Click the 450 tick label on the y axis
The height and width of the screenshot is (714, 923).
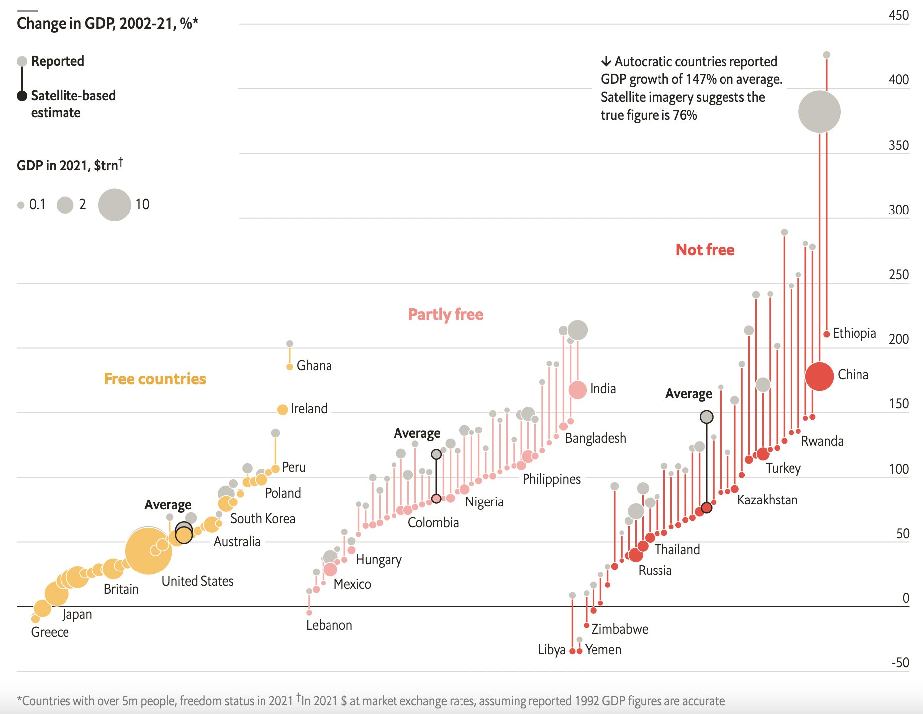tap(898, 15)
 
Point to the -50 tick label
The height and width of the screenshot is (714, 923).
tap(900, 663)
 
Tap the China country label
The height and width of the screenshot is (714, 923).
tap(853, 375)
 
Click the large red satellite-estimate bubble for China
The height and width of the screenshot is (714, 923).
tap(819, 376)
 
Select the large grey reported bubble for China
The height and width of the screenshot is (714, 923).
tap(819, 112)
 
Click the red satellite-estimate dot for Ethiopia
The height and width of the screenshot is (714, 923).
tap(827, 334)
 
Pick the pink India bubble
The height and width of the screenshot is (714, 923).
tap(577, 390)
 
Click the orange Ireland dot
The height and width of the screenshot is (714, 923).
tap(282, 410)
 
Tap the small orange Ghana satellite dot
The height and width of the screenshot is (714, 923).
tap(290, 367)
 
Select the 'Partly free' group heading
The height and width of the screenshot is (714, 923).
tap(445, 314)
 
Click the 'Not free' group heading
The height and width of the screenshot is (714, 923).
tap(705, 250)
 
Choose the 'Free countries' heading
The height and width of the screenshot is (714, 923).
tap(155, 379)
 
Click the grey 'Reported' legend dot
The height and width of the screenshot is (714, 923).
tap(22, 61)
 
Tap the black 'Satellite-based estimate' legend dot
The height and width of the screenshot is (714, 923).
tap(22, 96)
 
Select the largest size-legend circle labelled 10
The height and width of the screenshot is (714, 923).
tap(114, 205)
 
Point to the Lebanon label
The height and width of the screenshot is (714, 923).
tap(329, 625)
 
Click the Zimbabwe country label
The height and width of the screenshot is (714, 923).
tap(619, 629)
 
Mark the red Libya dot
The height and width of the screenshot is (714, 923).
tap(572, 651)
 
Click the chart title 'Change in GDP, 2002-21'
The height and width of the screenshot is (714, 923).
tap(107, 23)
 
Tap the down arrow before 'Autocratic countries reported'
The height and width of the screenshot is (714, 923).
tap(606, 62)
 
